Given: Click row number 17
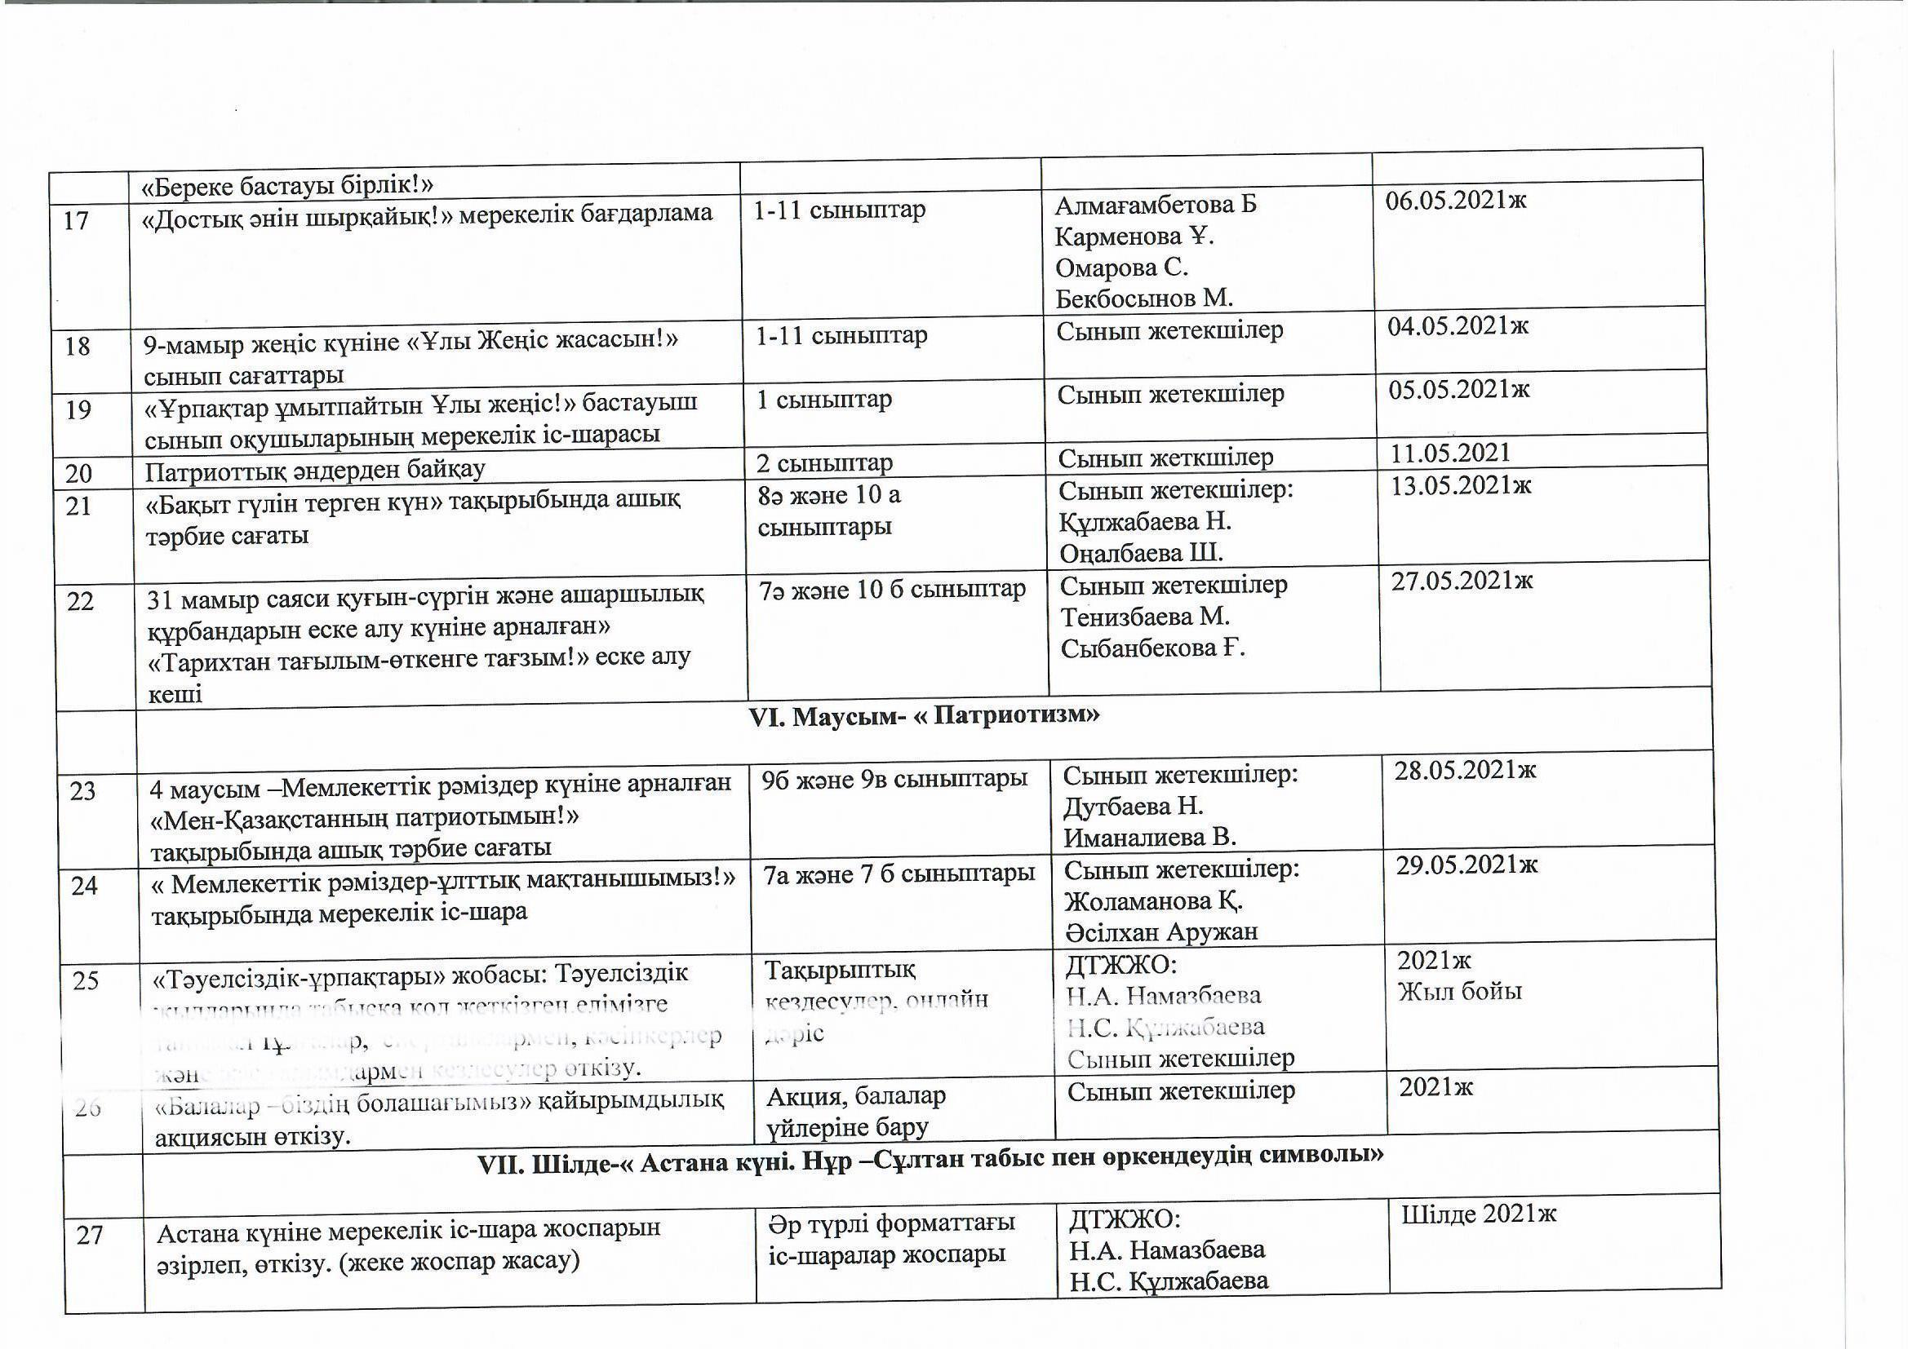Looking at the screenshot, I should tap(76, 222).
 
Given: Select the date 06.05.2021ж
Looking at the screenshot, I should tap(1455, 200).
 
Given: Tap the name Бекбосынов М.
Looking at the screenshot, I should tap(1143, 298).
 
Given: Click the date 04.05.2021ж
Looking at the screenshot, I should tap(1458, 325).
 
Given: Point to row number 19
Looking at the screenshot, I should tap(78, 409).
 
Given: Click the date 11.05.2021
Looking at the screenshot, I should tap(1450, 453).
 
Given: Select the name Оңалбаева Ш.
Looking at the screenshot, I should tap(1141, 552).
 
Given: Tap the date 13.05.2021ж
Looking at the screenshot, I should tap(1461, 485).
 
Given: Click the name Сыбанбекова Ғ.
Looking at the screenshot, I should tap(1152, 648).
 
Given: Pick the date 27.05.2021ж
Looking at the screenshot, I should tap(1462, 581).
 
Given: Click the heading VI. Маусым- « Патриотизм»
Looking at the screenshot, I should tap(924, 716).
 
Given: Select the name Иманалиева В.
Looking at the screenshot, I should tap(1149, 838).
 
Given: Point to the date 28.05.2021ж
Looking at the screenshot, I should tap(1465, 770).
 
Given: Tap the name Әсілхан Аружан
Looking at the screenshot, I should tap(1161, 932).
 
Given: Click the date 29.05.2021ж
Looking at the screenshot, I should tap(1466, 865).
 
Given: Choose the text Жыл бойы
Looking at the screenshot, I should tap(1459, 992).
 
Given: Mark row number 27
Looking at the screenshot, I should tap(90, 1235).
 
